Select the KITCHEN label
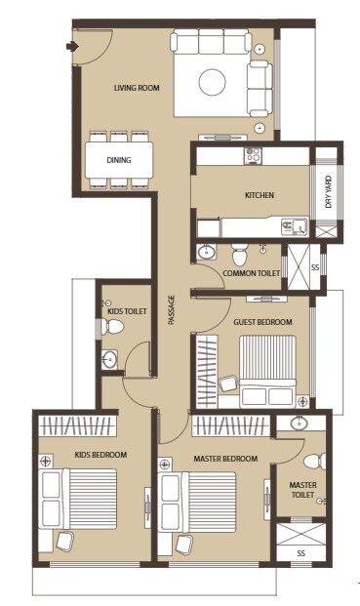coord(259,195)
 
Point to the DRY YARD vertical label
coord(329,192)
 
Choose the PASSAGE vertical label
coord(172,311)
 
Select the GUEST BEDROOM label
coord(262,321)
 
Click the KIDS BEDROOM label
coord(96,454)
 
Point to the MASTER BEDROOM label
coord(225,459)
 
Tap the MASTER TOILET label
coord(302,489)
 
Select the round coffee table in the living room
coord(214,81)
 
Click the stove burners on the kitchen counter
coord(253,154)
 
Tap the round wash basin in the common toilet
coord(206,253)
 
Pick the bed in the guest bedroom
coord(263,369)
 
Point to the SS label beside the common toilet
coord(314,266)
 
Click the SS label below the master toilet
coord(300,553)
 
